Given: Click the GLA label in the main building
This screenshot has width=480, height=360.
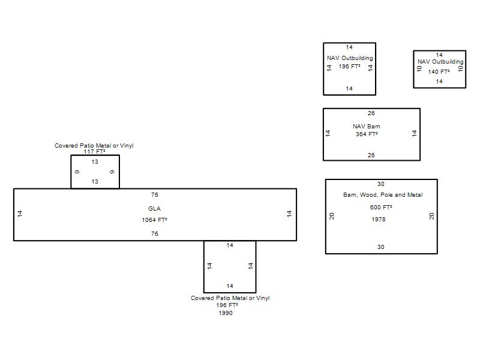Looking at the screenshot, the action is pos(154,208).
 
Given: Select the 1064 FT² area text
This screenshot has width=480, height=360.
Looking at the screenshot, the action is pos(154,220).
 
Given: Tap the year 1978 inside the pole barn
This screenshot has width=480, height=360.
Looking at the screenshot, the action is pos(379,219).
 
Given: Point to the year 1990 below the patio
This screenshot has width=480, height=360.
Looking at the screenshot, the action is pos(226,313).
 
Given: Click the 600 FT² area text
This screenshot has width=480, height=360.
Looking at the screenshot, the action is pos(381,207).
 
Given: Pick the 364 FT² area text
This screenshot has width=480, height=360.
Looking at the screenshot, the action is pos(367,134).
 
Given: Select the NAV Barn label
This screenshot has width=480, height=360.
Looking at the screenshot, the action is pos(367,126).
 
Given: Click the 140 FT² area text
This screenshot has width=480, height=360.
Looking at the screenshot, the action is pos(439,71).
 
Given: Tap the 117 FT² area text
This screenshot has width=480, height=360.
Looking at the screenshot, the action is pos(94,152).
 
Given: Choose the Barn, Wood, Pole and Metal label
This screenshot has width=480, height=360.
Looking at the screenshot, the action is pos(383,194).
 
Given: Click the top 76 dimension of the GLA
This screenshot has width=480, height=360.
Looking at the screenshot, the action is pos(155,194).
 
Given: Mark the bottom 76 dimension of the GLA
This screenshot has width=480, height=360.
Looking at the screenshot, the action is pos(155,234).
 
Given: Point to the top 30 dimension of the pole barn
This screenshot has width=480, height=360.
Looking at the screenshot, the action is pos(381,184).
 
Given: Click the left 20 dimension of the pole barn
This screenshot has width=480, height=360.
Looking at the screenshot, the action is pos(332,216).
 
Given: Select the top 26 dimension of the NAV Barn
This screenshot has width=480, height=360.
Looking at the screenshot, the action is pos(371,113).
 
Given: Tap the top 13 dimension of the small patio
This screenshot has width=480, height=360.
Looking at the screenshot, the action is pos(95,162).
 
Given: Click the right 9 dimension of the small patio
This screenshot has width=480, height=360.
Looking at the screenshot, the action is pos(112,172).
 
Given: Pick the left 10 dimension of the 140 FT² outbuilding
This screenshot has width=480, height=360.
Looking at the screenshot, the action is pos(419,68).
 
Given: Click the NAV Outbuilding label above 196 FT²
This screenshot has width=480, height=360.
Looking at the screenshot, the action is pos(350,58).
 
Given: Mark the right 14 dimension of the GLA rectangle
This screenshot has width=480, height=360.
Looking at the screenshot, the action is pos(289,214).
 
